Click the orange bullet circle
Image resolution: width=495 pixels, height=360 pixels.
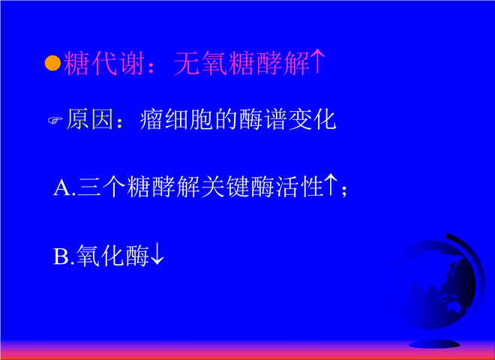[52, 63]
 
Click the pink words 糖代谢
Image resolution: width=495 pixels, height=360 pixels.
[104, 63]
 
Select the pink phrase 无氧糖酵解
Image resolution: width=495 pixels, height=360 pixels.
[241, 63]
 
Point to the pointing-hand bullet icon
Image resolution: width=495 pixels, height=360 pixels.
[55, 120]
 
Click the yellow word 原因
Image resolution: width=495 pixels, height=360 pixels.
[90, 119]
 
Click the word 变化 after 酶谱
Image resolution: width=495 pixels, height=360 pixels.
[312, 119]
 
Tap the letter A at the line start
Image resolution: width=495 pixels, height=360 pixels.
[62, 187]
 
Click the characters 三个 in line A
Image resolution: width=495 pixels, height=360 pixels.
[102, 187]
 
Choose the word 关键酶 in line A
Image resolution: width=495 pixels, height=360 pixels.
[238, 187]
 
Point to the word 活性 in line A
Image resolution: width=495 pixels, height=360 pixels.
[299, 187]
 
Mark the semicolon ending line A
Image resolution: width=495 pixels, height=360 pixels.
[344, 190]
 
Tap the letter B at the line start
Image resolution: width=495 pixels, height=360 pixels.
[61, 256]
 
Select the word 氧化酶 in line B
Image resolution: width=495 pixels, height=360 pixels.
[112, 256]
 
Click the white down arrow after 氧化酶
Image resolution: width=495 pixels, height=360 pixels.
[157, 254]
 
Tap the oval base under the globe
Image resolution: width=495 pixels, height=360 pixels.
[434, 344]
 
